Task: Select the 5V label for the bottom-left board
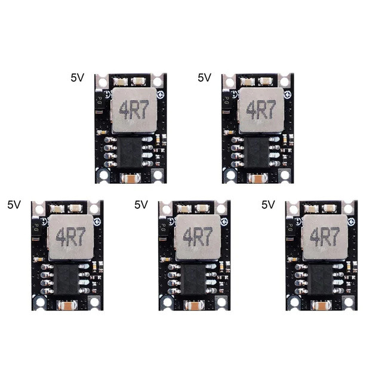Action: pos(14,204)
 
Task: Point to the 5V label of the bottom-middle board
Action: pos(141,204)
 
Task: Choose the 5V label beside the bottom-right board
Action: pos(269,204)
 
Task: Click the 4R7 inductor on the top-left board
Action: pos(131,110)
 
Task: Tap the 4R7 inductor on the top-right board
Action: pos(258,110)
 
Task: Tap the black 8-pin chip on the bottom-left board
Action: pos(68,279)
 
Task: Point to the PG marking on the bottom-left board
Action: pos(36,227)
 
